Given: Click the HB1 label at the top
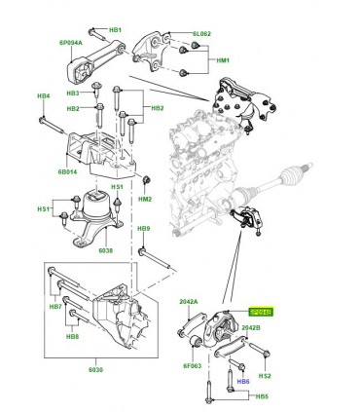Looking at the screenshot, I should (116, 30).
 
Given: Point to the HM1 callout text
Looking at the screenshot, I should (223, 61).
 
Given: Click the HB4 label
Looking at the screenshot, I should (43, 96).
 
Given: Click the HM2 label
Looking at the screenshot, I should (145, 199).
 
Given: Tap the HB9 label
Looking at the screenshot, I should (143, 229).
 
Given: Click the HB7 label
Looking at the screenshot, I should (55, 307).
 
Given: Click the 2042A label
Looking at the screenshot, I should (188, 303).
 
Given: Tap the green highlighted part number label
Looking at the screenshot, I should (262, 312).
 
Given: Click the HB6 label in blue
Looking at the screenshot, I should (244, 382).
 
